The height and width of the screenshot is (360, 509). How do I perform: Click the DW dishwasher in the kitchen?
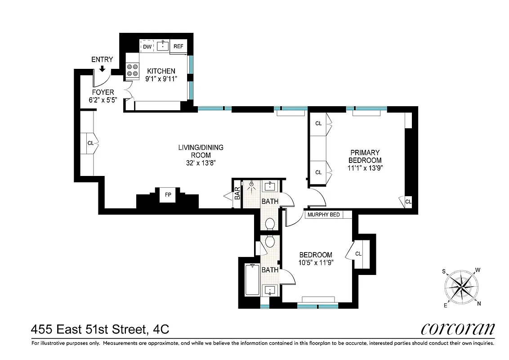pos(147,46)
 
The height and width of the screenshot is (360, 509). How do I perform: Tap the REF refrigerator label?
pos(179,46)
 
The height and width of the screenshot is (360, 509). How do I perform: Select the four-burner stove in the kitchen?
pos(133,71)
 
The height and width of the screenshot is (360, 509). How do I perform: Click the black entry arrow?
pos(102,68)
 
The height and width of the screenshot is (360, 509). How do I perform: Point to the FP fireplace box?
pos(168,195)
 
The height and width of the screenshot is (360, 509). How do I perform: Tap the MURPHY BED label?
pos(323,215)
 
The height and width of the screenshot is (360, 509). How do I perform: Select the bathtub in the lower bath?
pos(252,280)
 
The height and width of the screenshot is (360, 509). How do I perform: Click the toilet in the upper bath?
pos(270,224)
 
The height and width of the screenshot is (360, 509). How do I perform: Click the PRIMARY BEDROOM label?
pos(365,157)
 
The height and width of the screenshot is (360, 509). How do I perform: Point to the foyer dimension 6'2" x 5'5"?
pos(103,100)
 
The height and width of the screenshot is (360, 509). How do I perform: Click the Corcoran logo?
pos(458,329)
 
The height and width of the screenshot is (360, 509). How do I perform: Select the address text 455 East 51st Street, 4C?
pos(100,330)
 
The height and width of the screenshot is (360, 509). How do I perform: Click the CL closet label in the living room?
pos(90,143)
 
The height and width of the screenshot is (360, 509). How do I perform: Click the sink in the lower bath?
pos(270,289)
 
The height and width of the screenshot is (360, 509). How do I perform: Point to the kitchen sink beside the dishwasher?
pos(163,46)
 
